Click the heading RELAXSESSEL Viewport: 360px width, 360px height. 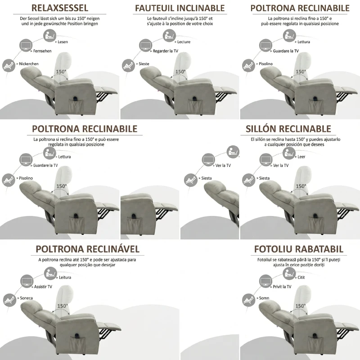60,8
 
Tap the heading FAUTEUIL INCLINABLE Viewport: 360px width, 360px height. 180,8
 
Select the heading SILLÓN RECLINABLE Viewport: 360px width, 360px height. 288,129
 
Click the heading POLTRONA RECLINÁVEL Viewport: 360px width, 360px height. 87,249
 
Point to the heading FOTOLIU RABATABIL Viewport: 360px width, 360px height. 299,249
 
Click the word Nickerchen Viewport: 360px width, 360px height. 29,64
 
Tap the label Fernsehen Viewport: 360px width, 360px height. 42,51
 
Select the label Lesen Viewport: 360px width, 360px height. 63,42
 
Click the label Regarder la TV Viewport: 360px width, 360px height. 166,51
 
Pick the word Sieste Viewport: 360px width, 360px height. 144,64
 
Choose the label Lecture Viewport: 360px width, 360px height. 184,42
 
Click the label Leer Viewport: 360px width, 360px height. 301,157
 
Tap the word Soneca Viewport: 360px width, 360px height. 26,298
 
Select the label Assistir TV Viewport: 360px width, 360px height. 43,287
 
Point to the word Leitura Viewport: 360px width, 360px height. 65,277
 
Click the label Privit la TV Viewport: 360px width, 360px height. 282,287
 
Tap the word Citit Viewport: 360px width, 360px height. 301,277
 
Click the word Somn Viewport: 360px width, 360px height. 264,298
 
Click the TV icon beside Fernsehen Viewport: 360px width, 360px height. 26,45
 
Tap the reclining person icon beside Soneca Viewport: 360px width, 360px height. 10,300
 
